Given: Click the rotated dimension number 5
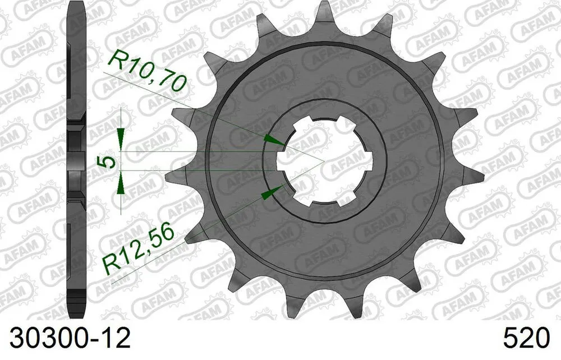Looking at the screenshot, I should click(107, 161).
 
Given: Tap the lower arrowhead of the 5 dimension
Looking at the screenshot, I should click(120, 186).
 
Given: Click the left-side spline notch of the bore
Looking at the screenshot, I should click(280, 161).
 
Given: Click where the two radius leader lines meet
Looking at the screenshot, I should click(324, 161).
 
